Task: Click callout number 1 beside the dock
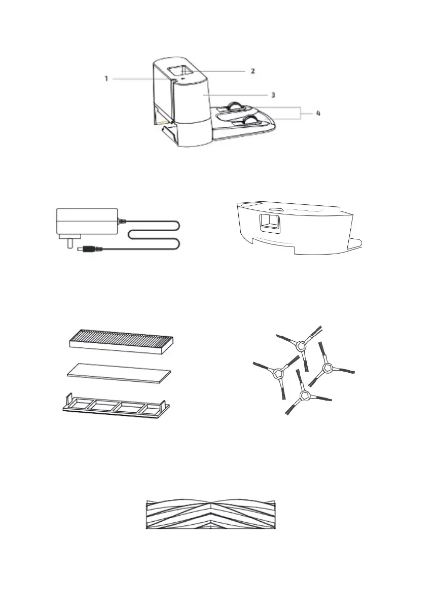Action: pos(106,79)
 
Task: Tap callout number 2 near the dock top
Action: pos(252,70)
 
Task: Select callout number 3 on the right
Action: pos(272,94)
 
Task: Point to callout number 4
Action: pos(317,114)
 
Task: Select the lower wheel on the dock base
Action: pos(250,121)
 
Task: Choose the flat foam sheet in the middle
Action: pos(120,374)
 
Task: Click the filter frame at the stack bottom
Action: pos(116,406)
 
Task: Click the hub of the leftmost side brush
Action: pos(277,374)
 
